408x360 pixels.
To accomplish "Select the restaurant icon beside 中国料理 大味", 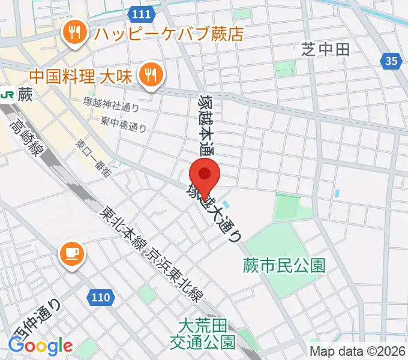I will [149, 75].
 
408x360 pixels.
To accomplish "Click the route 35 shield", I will [391, 60].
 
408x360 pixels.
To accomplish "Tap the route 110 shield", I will [101, 296].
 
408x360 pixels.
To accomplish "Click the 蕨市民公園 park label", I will [284, 265].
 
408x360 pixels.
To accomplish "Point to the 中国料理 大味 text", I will [83, 77].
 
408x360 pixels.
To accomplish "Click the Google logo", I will [40, 346].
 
